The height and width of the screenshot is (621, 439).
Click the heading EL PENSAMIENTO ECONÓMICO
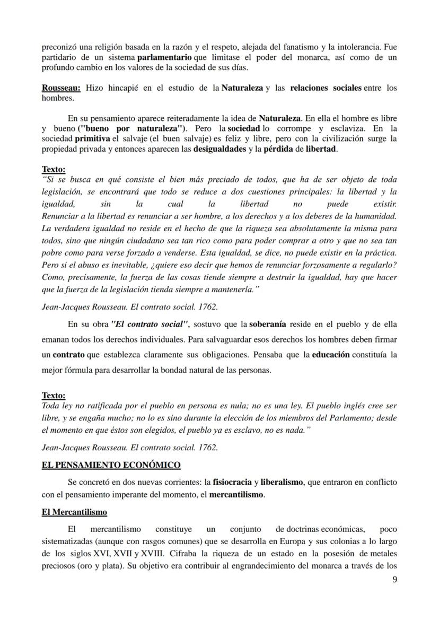[111, 465]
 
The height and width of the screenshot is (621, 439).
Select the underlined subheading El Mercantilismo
[74, 512]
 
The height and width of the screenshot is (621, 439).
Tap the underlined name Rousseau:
[61, 88]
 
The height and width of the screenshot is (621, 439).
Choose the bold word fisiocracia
[232, 483]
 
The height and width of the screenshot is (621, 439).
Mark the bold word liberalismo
[282, 483]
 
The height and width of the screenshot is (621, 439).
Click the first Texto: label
[54, 170]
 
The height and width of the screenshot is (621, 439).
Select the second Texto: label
[54, 396]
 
